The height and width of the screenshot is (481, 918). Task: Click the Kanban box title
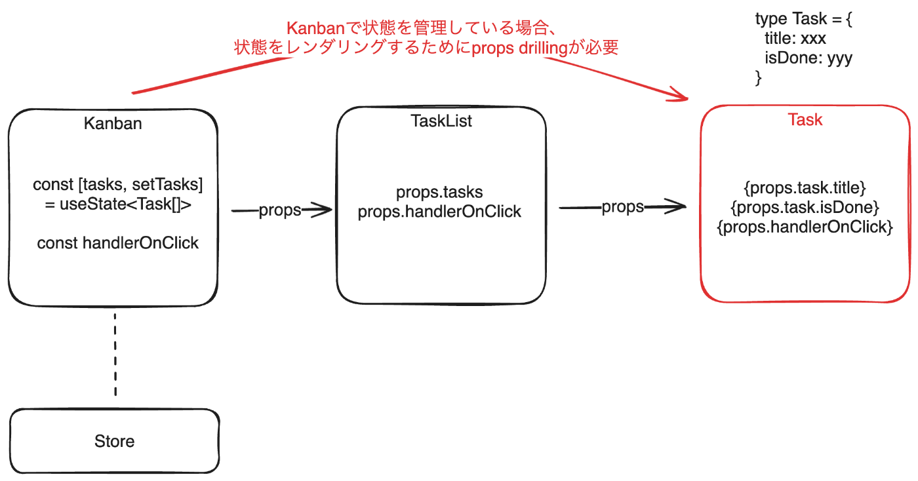[x=113, y=123]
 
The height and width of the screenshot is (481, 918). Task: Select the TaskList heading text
[x=441, y=121]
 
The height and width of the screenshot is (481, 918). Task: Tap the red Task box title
[x=805, y=120]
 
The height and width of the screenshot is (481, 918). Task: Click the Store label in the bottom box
[x=114, y=441]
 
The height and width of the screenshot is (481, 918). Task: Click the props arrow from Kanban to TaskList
[x=281, y=210]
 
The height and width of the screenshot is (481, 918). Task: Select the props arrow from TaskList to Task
[x=622, y=207]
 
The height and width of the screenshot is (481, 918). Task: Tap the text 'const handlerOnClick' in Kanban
[x=118, y=243]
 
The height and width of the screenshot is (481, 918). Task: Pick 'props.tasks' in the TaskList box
[x=439, y=193]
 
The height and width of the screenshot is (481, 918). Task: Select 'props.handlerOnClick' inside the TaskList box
[x=439, y=212]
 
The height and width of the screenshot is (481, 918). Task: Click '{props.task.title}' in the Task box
[x=805, y=189]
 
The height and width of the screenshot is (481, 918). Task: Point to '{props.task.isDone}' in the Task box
[x=805, y=208]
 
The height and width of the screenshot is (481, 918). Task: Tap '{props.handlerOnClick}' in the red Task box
[x=805, y=227]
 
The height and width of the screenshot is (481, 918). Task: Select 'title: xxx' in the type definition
[x=795, y=39]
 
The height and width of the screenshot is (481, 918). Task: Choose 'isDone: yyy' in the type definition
[x=808, y=58]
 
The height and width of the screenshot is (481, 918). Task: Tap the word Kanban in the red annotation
[x=315, y=29]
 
